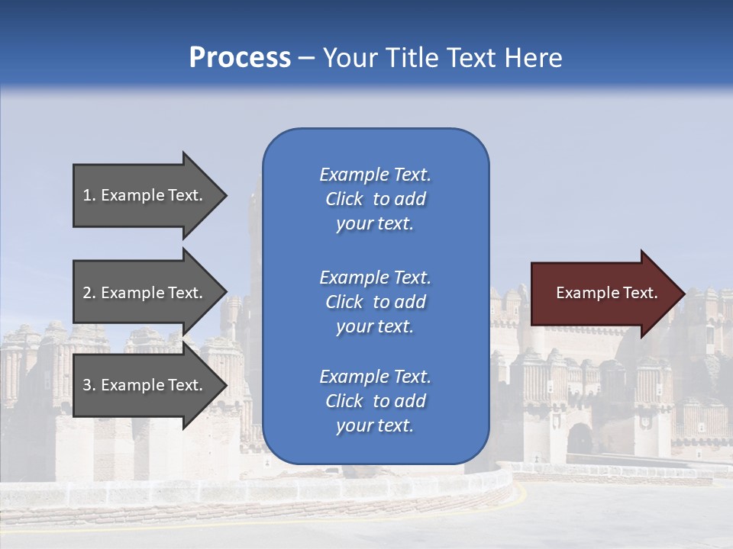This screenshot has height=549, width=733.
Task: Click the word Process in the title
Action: pyautogui.click(x=240, y=58)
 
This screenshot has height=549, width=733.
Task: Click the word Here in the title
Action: pyautogui.click(x=533, y=58)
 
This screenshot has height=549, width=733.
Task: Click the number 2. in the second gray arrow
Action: pyautogui.click(x=89, y=293)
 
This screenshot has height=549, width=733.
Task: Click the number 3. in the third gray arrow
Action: pyautogui.click(x=89, y=385)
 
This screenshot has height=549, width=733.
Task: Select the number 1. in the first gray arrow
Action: pyautogui.click(x=89, y=195)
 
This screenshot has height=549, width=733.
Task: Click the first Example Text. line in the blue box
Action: pyautogui.click(x=375, y=175)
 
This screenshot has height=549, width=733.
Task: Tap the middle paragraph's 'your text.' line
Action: pyautogui.click(x=375, y=326)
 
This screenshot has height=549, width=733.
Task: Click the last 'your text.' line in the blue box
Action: pyautogui.click(x=375, y=426)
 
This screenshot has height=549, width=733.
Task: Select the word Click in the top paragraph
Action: pyautogui.click(x=344, y=199)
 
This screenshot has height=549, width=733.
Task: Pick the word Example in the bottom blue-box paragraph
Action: pyautogui.click(x=354, y=377)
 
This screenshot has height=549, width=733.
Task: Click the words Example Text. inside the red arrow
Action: pyautogui.click(x=606, y=293)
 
